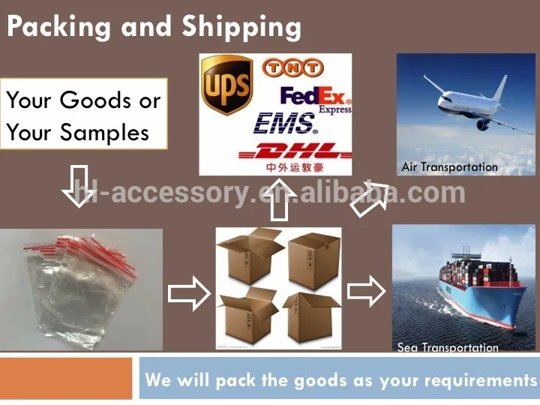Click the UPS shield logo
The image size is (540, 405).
coord(226,85)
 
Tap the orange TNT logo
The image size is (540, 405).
coord(292,67)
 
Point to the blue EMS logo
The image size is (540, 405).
coord(284,124)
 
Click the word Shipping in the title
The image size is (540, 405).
coord(241,28)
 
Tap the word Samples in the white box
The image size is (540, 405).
coord(105,133)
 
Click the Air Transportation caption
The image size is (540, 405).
coord(449,167)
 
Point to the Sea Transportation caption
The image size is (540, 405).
coord(448,347)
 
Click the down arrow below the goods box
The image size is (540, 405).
coord(79,186)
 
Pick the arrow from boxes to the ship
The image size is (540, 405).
coord(366,291)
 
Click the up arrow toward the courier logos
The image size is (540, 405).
coord(279,200)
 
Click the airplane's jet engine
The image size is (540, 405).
coord(482,124)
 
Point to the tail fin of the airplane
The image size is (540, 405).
coord(500,88)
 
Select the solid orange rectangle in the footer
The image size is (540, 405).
coord(66,379)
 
